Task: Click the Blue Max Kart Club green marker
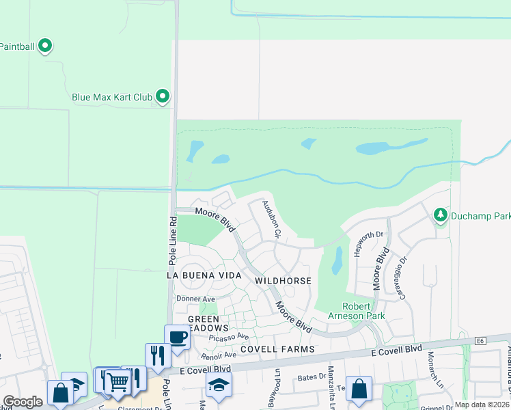[x=163, y=96]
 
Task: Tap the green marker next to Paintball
[x=46, y=46]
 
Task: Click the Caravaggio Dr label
[x=398, y=277]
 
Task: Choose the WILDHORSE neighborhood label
[x=283, y=281]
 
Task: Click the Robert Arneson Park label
[x=363, y=311]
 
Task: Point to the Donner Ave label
[x=195, y=299]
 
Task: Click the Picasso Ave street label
[x=230, y=337]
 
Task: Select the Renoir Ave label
[x=218, y=355]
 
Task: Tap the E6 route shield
[x=480, y=340]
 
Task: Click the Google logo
[x=23, y=402]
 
